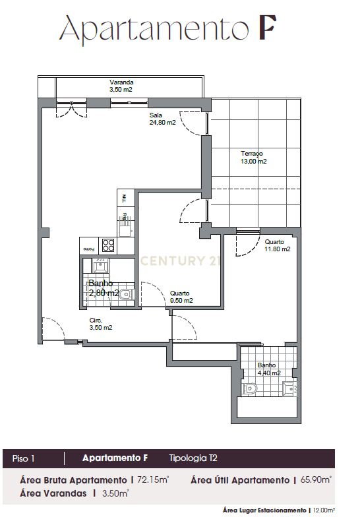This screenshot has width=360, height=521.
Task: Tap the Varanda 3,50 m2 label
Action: coord(121,86)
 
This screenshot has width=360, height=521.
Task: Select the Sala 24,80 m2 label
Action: coord(162,119)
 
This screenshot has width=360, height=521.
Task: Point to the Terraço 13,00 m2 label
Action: coord(253,157)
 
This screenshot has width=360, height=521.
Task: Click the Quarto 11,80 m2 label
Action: coord(277,245)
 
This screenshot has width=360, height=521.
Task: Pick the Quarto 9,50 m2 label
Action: coord(180,297)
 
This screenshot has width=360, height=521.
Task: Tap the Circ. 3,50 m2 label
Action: coord(101,324)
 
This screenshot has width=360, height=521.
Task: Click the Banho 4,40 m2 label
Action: coord(268,369)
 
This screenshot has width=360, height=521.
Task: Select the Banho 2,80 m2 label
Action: coord(104,288)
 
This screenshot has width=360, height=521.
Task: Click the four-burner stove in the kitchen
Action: coord(108,245)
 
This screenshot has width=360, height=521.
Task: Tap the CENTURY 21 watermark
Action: coord(180,260)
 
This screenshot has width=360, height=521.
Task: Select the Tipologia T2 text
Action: coord(193,458)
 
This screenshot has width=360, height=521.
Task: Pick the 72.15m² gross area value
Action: coord(153,480)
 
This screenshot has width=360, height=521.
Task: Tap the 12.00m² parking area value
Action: coord(323,510)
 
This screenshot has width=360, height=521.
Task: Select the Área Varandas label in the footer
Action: coord(52,493)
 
